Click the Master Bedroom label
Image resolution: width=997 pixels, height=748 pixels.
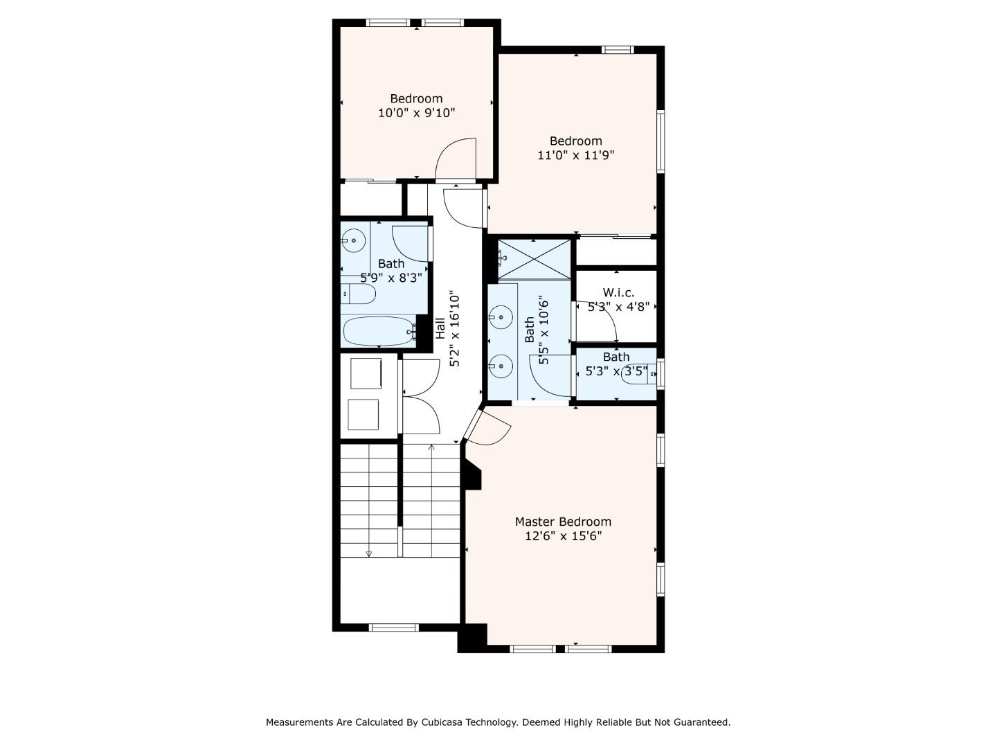point(563,522)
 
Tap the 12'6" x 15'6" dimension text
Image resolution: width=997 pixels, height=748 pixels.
point(563,536)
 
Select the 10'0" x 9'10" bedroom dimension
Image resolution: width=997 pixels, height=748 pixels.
point(416,113)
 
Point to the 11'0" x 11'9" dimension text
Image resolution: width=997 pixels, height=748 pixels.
point(575,155)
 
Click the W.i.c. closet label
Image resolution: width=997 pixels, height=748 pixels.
point(618,293)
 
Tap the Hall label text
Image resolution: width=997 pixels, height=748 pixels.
point(441,328)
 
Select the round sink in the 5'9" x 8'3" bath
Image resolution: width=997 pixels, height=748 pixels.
point(354,241)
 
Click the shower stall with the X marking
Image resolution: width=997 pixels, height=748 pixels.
point(535,259)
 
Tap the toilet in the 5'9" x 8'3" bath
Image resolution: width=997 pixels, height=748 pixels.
point(359,294)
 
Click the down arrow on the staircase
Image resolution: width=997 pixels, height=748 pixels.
point(368,553)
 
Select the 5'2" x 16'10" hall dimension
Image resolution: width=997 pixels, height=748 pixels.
point(455,329)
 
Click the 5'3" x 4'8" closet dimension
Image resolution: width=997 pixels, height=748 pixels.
point(618,307)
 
